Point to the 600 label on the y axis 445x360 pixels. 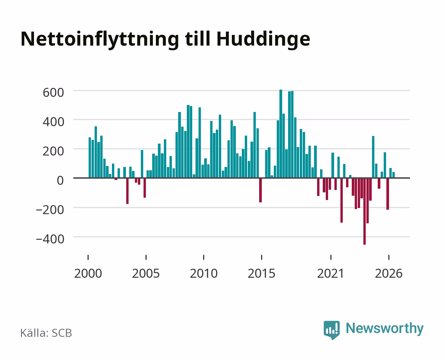(x=53, y=93)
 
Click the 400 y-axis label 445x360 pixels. (x=53, y=122)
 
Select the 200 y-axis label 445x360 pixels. (x=53, y=151)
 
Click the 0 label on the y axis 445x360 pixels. (x=60, y=180)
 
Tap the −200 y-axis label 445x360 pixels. (x=50, y=210)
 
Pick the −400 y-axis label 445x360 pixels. (x=50, y=239)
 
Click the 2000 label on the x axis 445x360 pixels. (x=88, y=273)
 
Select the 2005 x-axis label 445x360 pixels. (x=146, y=273)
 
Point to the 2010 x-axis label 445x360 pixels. (x=204, y=273)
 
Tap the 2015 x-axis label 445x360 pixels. (x=261, y=273)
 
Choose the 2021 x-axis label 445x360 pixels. (x=331, y=273)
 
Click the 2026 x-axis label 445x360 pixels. (x=389, y=273)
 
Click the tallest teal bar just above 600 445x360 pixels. (x=281, y=134)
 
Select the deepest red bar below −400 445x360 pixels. (x=365, y=211)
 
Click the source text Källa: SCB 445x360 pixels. (x=46, y=333)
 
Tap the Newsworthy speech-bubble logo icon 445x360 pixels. (x=331, y=330)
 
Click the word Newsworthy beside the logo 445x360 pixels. (x=385, y=329)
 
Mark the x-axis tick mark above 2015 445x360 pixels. (x=261, y=257)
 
